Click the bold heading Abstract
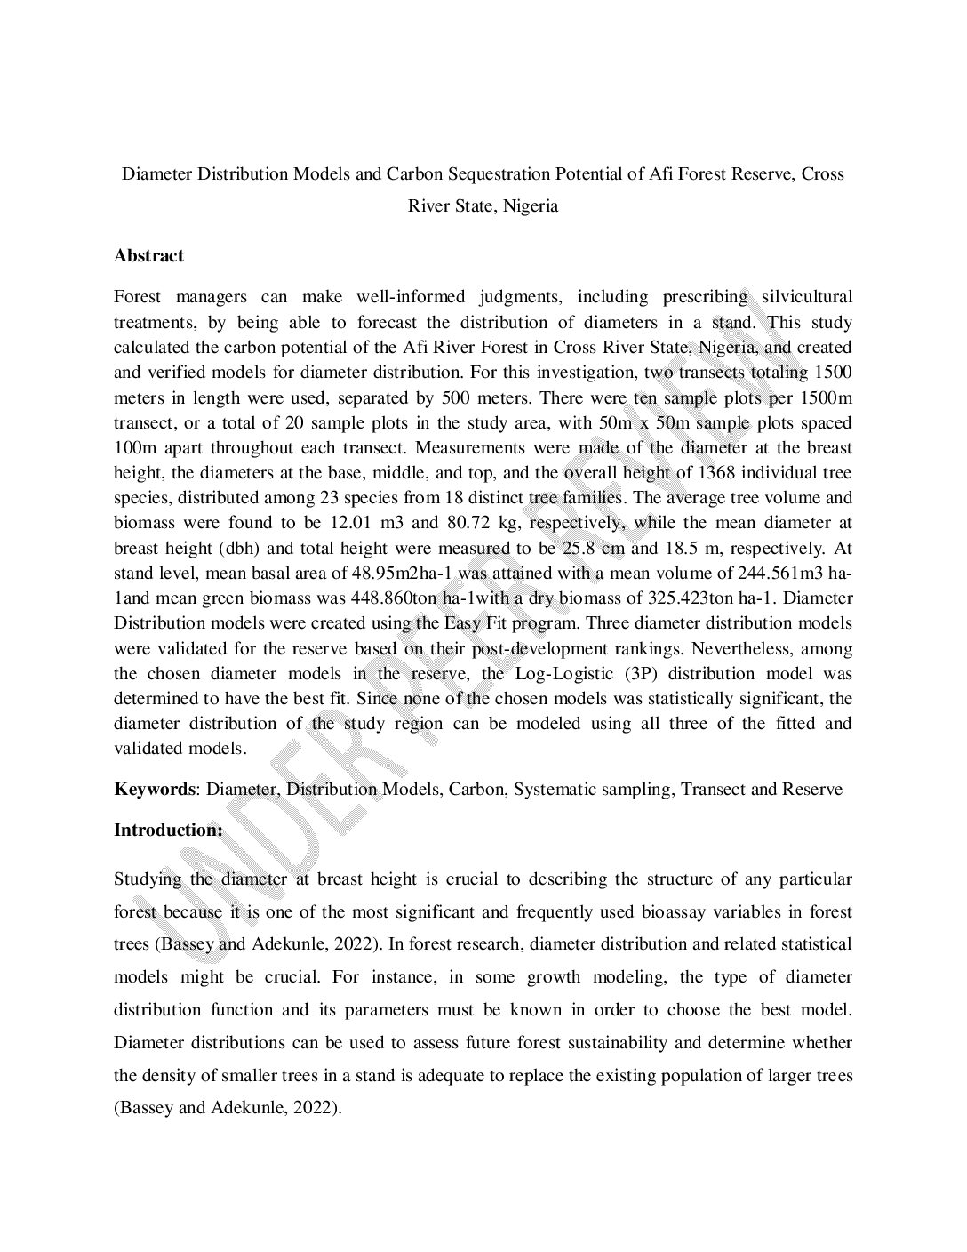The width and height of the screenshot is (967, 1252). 148,256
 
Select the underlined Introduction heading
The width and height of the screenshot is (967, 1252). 168,831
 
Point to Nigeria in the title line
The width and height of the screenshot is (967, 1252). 530,206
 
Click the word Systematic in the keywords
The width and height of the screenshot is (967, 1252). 551,790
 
